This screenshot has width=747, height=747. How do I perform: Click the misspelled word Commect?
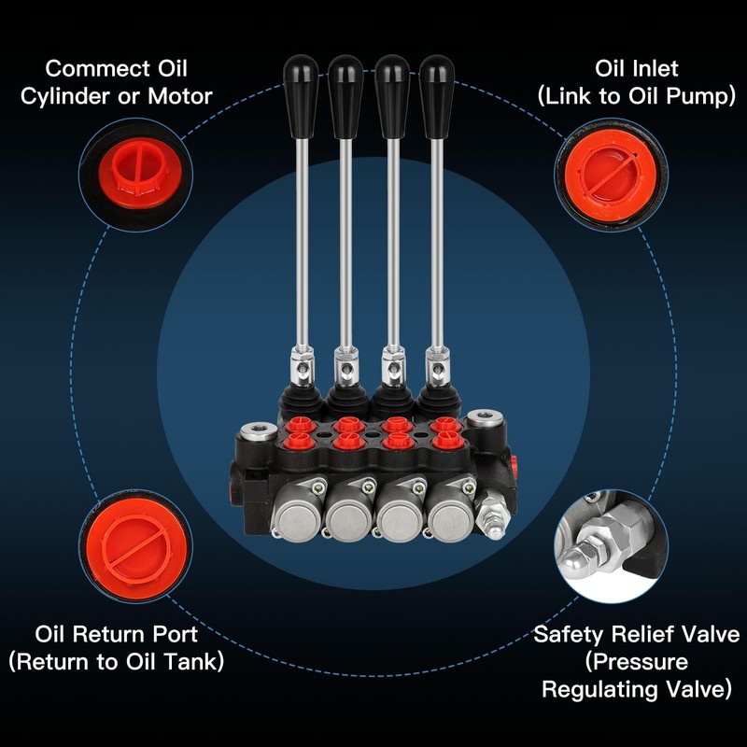click(99, 68)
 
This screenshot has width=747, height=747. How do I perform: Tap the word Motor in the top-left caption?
click(180, 96)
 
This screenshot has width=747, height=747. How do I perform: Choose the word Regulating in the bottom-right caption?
click(600, 690)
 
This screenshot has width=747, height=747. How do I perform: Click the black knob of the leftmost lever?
click(301, 97)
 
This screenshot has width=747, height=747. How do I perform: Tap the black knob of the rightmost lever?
click(437, 97)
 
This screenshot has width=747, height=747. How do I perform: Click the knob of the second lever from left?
click(345, 97)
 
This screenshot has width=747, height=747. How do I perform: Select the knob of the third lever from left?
click(392, 97)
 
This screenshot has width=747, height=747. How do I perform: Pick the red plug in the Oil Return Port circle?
click(134, 545)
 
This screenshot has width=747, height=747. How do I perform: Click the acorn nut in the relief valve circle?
click(578, 561)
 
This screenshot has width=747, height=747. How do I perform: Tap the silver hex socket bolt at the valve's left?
click(259, 431)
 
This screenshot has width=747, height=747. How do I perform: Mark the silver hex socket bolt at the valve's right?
click(485, 419)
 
